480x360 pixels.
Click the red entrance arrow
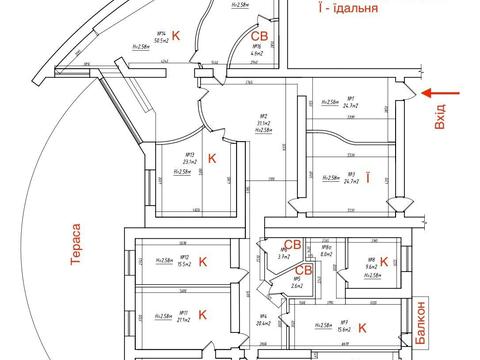[x=436, y=94]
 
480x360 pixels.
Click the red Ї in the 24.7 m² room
[x=369, y=179]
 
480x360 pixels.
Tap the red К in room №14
[x=177, y=36]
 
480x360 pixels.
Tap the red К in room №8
[x=386, y=263]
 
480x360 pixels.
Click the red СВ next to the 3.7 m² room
[x=293, y=245]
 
